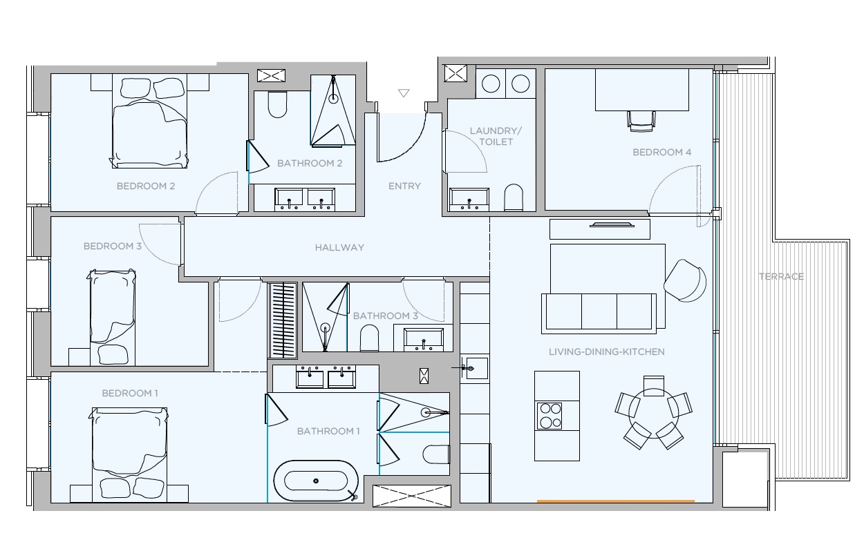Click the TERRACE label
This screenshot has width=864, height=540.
coord(781,276)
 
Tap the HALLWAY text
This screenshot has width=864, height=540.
coord(339,247)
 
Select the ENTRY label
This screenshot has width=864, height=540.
coord(404,186)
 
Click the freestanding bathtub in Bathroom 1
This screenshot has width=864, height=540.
coord(316,481)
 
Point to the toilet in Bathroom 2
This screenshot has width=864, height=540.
coord(277,104)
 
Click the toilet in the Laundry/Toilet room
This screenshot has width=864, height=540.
coord(514,197)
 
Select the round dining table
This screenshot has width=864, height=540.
coord(653,413)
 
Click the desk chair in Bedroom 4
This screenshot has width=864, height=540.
coord(641,121)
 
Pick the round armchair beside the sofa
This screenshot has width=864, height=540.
coord(685,280)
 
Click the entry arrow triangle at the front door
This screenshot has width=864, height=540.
coord(404,93)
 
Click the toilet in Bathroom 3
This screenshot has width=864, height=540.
coord(369,338)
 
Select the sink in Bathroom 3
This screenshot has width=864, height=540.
coord(424,340)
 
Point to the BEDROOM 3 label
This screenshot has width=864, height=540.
coord(113,246)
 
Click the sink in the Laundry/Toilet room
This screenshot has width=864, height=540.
coord(469,200)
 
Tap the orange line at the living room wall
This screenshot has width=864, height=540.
coord(616,501)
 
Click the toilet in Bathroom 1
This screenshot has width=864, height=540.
coord(436,454)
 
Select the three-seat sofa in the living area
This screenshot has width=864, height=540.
coord(599,314)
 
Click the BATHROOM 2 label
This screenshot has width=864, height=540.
coord(310,164)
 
